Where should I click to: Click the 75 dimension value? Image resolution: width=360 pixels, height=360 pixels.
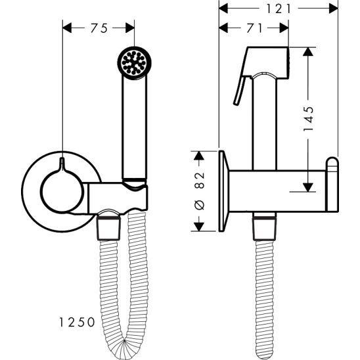pyautogui.click(x=99, y=28)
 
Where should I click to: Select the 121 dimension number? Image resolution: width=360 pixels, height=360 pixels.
pyautogui.click(x=279, y=9)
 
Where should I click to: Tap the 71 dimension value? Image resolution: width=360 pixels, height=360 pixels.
pyautogui.click(x=254, y=28)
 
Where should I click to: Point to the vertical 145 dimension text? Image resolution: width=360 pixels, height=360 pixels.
pyautogui.click(x=308, y=119)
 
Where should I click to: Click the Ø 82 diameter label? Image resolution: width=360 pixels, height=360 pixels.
pyautogui.click(x=199, y=191)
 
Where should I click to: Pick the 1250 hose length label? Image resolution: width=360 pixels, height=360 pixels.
pyautogui.click(x=77, y=322)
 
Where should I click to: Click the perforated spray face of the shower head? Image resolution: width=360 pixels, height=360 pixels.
pyautogui.click(x=134, y=62)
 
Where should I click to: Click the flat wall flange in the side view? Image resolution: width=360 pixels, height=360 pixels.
pyautogui.click(x=223, y=191)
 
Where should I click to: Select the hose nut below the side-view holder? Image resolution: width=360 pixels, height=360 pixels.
pyautogui.click(x=265, y=229)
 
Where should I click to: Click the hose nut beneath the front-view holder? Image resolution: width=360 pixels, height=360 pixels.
pyautogui.click(x=108, y=229)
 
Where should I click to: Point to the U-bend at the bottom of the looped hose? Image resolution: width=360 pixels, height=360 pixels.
pyautogui.click(x=124, y=349)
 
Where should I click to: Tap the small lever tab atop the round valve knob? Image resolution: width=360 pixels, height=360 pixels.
pyautogui.click(x=62, y=164)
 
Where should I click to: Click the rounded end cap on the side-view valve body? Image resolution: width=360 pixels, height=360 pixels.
pyautogui.click(x=332, y=185)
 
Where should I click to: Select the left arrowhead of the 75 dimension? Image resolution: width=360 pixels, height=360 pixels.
pyautogui.click(x=67, y=28)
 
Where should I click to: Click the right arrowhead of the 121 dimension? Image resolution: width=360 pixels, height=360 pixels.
pyautogui.click(x=333, y=9)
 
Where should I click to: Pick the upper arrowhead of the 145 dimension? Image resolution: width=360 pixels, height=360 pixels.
pyautogui.click(x=308, y=52)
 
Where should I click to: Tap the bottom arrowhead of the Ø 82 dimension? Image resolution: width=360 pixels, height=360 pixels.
pyautogui.click(x=199, y=227)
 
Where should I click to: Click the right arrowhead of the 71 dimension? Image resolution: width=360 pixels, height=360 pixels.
pyautogui.click(x=284, y=28)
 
